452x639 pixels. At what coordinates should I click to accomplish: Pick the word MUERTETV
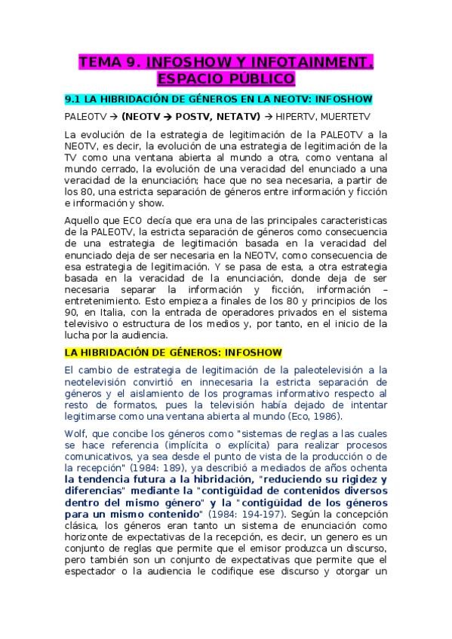[x=344, y=117]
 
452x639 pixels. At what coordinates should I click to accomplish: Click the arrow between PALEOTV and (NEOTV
[x=110, y=117]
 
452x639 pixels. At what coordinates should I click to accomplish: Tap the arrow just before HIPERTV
[x=268, y=117]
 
